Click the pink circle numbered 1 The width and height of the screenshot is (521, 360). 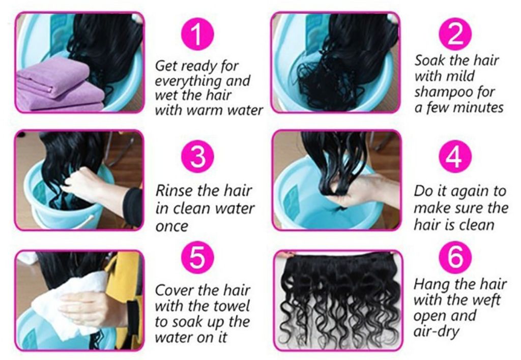[x=197, y=34]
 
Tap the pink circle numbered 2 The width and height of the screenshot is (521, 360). [x=455, y=34]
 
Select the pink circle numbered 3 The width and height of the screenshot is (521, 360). [x=197, y=157]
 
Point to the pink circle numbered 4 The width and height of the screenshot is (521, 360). [x=455, y=157]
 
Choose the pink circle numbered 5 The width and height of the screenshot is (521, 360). [x=197, y=258]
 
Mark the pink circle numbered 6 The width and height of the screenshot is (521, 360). [x=455, y=258]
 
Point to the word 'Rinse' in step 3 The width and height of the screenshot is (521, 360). [x=174, y=191]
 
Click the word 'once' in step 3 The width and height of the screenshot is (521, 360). [x=171, y=227]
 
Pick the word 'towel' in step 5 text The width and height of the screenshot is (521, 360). [x=230, y=306]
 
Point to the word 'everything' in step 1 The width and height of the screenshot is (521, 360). [x=188, y=81]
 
